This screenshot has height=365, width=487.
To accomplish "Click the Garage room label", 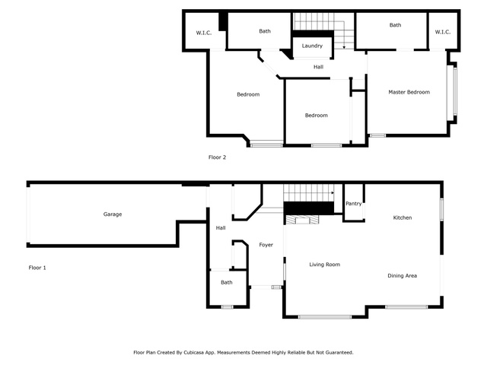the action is point(113,214).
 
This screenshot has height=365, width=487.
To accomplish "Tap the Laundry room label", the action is point(312,46).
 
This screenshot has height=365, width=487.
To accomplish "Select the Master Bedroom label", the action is point(409,92).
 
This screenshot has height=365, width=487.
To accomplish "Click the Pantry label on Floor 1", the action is point(353,204).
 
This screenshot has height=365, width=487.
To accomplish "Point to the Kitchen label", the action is point(403,218).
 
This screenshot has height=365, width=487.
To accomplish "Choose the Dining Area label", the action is point(403,275).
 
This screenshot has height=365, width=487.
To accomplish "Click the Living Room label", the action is point(325,265).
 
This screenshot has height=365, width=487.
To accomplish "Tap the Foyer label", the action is point(266,245).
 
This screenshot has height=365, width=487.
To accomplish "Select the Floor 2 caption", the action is point(217,157).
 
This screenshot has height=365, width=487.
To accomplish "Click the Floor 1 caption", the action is point(37,268).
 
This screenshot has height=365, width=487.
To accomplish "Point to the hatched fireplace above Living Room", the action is point(302,220).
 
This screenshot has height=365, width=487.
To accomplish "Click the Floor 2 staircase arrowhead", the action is point(344,47).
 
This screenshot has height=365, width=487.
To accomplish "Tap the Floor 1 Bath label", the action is point(227,282).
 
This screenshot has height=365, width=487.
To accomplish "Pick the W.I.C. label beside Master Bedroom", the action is point(443,32).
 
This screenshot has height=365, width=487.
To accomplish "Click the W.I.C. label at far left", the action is point(204,33).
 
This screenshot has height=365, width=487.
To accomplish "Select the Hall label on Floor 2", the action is point(318,67).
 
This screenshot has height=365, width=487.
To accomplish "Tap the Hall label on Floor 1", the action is point(221,228).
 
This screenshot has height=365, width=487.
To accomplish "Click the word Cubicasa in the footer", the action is point(195,353).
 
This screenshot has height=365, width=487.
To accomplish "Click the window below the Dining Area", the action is point(406,307).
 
